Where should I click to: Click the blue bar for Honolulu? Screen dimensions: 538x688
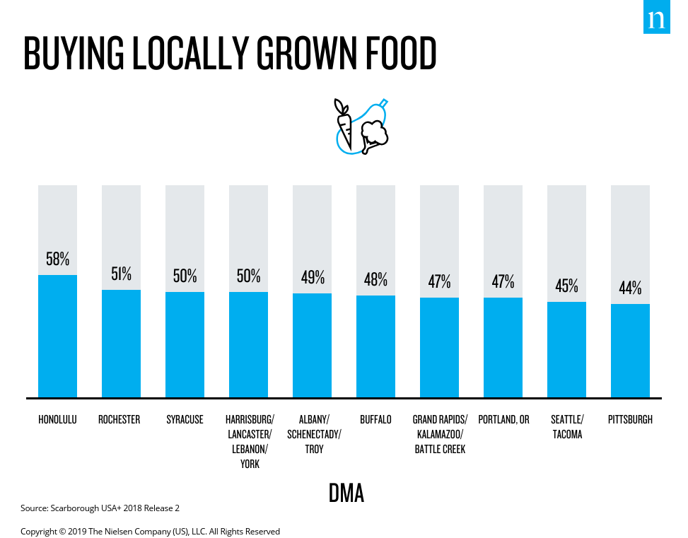tap(57, 336)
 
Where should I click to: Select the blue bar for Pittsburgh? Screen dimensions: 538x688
tap(630, 351)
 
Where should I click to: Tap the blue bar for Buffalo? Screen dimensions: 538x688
tap(375, 346)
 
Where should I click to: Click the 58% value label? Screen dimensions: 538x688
tap(57, 259)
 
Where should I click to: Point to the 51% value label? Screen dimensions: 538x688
tap(121, 274)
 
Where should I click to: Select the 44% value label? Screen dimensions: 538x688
tap(630, 288)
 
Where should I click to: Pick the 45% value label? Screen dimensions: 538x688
tap(566, 286)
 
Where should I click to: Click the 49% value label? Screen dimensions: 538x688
tap(312, 277)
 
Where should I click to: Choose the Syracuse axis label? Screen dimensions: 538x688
tap(185, 419)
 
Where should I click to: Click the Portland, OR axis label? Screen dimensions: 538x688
tap(503, 419)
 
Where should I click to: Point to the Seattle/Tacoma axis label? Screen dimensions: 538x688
tap(567, 426)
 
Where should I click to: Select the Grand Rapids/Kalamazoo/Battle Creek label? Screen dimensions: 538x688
tap(440, 434)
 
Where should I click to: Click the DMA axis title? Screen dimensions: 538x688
tap(346, 493)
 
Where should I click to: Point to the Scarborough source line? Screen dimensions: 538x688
tap(105, 508)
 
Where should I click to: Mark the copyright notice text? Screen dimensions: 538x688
tap(150, 531)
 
